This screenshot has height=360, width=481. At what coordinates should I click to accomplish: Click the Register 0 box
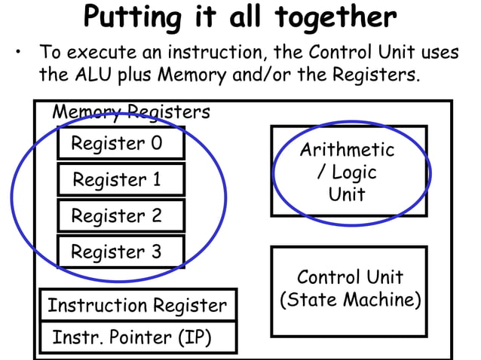pos(121,143)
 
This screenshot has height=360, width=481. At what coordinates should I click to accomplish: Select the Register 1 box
pos(121,180)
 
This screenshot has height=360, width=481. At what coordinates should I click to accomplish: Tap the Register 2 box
pos(121,215)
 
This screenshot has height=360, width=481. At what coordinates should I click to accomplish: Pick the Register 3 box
pos(121,252)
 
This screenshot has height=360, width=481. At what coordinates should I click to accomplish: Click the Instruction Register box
pos(137,306)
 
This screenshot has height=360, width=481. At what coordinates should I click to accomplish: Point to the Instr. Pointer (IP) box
pos(137,337)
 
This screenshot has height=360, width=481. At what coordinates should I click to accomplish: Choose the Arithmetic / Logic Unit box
pos(348,172)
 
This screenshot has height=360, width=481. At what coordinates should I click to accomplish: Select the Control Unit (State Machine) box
pos(349,290)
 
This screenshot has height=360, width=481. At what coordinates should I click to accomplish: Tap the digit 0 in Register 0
pos(155,143)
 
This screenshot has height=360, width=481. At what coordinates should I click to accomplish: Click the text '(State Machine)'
pos(350,300)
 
